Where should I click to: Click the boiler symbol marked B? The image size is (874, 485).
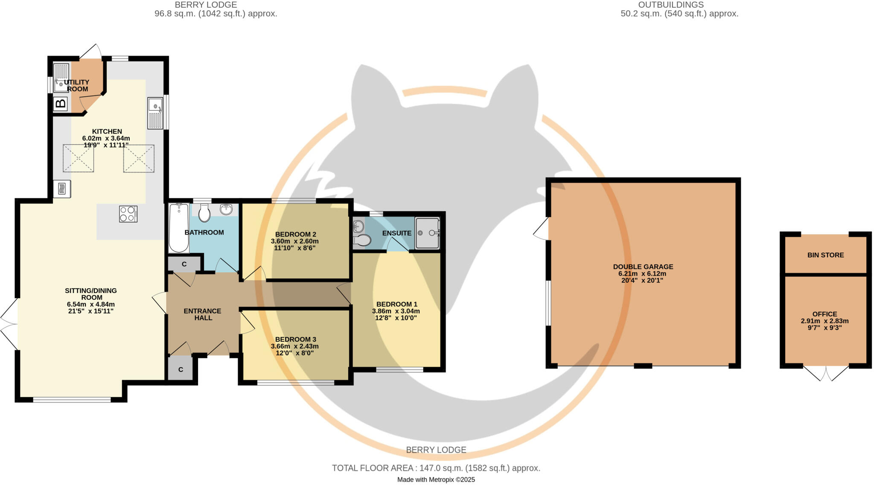coord(61,104)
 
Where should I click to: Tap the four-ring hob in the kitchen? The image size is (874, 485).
coord(128,214)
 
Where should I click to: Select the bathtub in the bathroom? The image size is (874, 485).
coord(178,228)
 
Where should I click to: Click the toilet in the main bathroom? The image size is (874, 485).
coord(205,212)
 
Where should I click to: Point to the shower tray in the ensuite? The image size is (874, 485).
coord(427,232)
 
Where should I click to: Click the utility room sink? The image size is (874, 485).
coord(61,78)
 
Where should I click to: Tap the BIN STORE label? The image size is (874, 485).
coord(825,255)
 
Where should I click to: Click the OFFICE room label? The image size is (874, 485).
coord(824,314)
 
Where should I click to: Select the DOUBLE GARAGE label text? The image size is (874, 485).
coord(643,267)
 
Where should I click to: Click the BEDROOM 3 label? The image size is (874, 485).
coord(295,340)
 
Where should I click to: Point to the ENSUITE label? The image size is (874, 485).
coord(396,233)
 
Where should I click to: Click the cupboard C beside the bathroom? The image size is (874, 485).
coord(184,264)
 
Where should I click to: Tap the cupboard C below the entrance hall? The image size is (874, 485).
coord(181,369)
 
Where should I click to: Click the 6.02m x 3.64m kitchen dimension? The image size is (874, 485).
coord(107,138)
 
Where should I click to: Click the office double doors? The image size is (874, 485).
coord(826,373)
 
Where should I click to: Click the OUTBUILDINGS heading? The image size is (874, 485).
coord(679,5)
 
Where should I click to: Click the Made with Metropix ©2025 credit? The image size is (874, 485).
coord(436,479)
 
